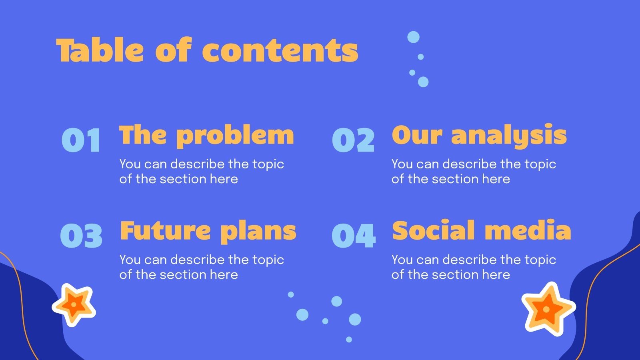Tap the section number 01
point(81,140)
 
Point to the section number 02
point(353,140)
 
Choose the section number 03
point(81,236)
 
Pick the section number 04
point(354,236)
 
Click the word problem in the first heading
point(235,136)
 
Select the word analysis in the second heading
point(509,136)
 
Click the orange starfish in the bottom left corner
point(74,305)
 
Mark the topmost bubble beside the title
point(413,37)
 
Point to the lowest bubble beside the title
point(423,82)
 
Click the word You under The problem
point(130,164)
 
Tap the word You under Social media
point(402,260)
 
